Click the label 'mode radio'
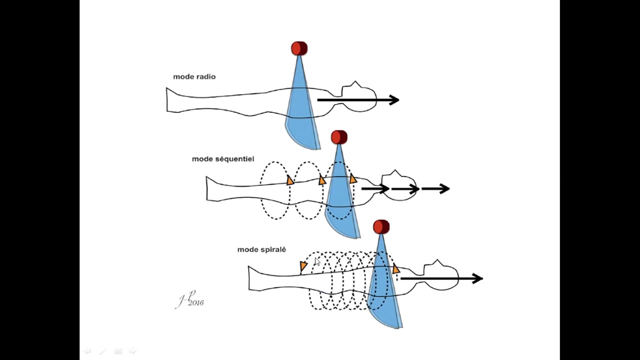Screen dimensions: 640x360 pyautogui.click(x=194, y=76)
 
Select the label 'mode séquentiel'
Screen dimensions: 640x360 pyautogui.click(x=223, y=159)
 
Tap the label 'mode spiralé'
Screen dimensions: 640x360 pyautogui.click(x=261, y=249)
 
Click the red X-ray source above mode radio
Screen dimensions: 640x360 pyautogui.click(x=299, y=48)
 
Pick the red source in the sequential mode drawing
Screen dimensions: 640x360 pyautogui.click(x=339, y=137)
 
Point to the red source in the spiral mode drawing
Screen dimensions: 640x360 pyautogui.click(x=381, y=227)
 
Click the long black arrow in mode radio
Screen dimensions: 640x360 pyautogui.click(x=358, y=99)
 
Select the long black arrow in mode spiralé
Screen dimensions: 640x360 pyautogui.click(x=441, y=278)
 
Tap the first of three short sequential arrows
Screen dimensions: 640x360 pyautogui.click(x=375, y=188)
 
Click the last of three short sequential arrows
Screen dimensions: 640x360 pyautogui.click(x=435, y=188)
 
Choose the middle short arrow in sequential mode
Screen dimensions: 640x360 pyautogui.click(x=405, y=189)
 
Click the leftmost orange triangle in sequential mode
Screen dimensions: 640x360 pyautogui.click(x=290, y=180)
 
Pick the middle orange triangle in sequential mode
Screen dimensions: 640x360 pyautogui.click(x=322, y=180)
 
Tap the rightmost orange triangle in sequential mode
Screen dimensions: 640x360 pyautogui.click(x=353, y=178)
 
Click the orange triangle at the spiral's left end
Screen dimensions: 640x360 pyautogui.click(x=303, y=266)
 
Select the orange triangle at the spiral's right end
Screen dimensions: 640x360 pyautogui.click(x=396, y=269)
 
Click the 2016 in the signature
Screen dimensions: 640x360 pyautogui.click(x=195, y=303)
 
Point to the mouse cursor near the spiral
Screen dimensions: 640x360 pyautogui.click(x=317, y=261)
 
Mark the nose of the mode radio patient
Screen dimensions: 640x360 pyautogui.click(x=355, y=83)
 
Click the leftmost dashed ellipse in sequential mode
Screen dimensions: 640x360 pyautogui.click(x=260, y=190)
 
